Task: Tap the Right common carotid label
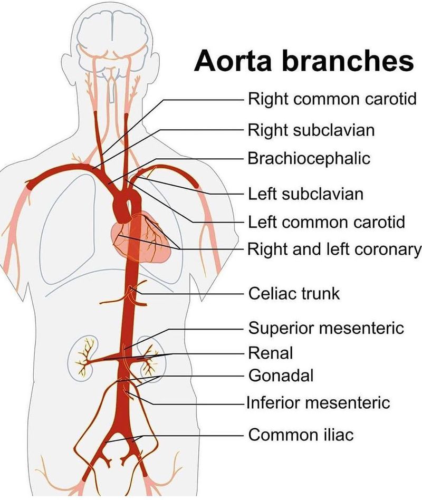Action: coord(332,99)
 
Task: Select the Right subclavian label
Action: coord(311,130)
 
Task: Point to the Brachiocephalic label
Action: coord(309,158)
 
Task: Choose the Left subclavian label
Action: coord(305,194)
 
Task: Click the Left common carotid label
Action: coord(327,222)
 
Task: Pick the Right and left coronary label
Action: coord(334,249)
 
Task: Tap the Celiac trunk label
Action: coord(294,293)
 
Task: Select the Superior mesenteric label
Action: coord(326,328)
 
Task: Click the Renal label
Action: coord(271,353)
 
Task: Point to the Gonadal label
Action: coord(281,376)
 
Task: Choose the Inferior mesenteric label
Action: coord(318,402)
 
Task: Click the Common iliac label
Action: coord(301,434)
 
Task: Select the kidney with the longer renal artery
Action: coord(84,358)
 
